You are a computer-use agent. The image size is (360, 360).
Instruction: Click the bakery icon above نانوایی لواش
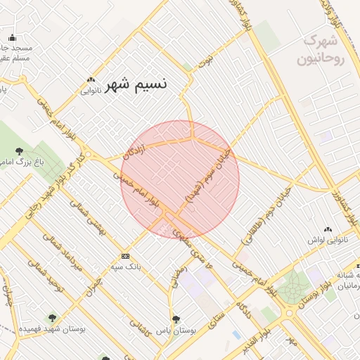pos(328,229)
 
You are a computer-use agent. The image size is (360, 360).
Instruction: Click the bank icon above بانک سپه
pos(125,256)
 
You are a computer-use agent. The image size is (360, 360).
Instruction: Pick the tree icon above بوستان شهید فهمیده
pos(51,318)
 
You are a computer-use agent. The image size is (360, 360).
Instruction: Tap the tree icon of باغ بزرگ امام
pos(18,150)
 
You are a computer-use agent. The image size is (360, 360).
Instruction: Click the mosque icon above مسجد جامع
pos(11,38)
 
